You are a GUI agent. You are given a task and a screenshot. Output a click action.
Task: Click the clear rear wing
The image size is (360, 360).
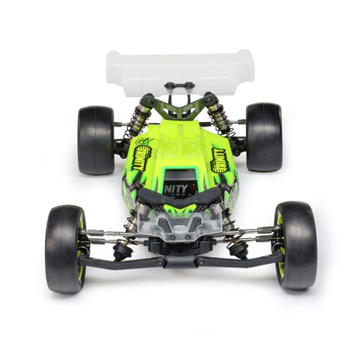point(180,69)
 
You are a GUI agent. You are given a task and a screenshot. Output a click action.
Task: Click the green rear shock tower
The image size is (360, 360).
point(180,108)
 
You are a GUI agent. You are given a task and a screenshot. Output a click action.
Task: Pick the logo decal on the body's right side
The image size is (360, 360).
point(222,158)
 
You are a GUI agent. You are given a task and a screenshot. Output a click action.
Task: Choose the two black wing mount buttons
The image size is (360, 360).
point(179,85)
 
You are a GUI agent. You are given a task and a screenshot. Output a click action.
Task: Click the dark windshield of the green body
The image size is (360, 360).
point(180,173)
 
